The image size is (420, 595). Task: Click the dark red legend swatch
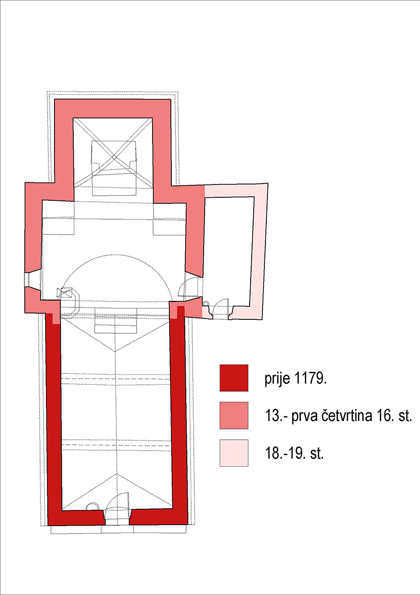pyautogui.click(x=234, y=378)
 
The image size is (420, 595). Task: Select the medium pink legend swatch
pyautogui.click(x=234, y=415)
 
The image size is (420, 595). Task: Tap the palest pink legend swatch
pyautogui.click(x=234, y=453)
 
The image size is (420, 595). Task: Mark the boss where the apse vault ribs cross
pyautogui.click(x=113, y=157)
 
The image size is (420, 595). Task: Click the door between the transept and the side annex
pyautogui.click(x=190, y=288)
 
